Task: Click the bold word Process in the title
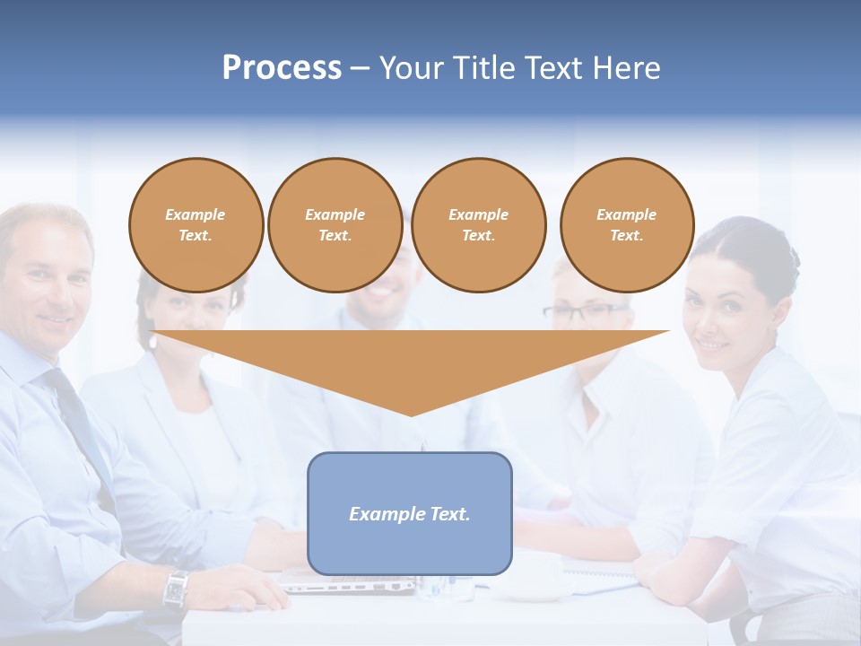point(282,68)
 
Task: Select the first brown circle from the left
point(196,225)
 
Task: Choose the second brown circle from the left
point(335,225)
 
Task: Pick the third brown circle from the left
point(479,225)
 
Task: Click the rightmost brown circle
point(627,225)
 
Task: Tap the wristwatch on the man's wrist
point(176,589)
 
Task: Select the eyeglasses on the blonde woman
point(583,312)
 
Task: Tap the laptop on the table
point(350,583)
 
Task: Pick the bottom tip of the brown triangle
point(411,415)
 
